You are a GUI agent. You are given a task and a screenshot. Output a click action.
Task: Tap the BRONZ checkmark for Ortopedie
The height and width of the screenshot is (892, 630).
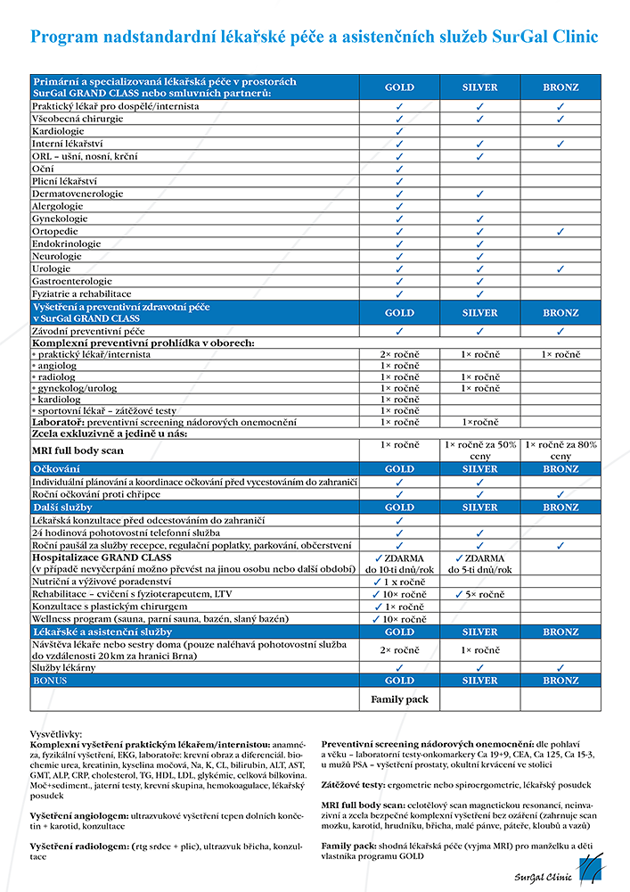(560, 231)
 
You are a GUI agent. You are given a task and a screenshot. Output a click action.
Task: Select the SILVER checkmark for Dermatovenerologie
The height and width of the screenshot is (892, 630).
(479, 194)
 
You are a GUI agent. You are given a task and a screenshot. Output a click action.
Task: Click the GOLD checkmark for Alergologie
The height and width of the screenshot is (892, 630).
(399, 206)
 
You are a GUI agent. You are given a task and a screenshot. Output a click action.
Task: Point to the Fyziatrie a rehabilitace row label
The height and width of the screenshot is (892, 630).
(82, 293)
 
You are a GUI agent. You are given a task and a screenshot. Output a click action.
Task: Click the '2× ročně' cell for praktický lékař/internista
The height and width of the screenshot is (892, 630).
(399, 354)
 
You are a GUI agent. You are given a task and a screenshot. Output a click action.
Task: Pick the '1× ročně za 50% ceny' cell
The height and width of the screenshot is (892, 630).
(479, 450)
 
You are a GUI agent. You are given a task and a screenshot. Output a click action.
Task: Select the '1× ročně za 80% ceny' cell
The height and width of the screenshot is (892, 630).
(560, 450)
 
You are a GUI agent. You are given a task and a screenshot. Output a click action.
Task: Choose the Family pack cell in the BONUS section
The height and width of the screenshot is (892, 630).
(399, 699)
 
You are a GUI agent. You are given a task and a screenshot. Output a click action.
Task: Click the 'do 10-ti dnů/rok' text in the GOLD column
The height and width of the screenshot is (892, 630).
(399, 569)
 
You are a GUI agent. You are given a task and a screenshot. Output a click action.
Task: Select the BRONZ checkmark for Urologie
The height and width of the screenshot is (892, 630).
(560, 268)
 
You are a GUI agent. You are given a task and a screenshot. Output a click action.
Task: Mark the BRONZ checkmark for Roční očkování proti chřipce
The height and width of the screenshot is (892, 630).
(560, 494)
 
